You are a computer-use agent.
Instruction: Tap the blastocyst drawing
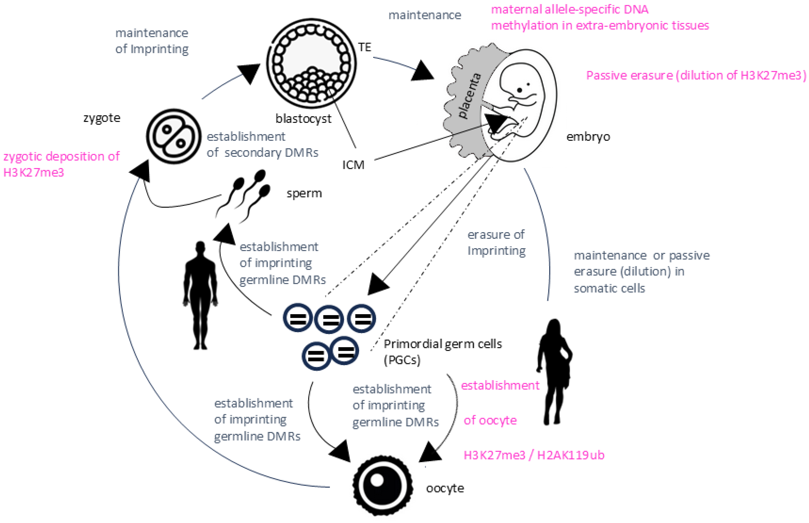[311, 64]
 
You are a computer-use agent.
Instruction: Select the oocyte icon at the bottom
[383, 485]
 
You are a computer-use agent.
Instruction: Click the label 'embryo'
[588, 137]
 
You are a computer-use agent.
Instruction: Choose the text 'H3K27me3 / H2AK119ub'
[534, 455]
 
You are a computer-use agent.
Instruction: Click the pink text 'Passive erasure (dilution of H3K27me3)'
[696, 75]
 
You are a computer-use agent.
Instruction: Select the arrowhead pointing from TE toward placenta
[422, 72]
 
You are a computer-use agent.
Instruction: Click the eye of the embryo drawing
[519, 90]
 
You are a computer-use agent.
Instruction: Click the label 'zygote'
[102, 118]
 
